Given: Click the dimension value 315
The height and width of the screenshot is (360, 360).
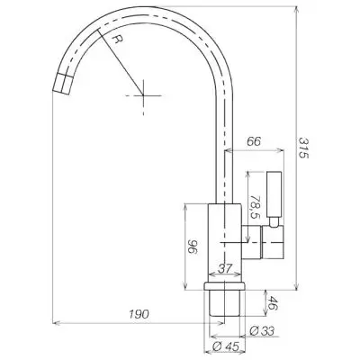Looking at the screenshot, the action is pos(303,148).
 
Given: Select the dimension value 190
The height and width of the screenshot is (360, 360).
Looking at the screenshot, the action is pos(139,314).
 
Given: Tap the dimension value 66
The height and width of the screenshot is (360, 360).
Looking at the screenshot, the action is pos(254,141).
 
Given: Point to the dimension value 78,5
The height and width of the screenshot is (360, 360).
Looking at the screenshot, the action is pos(255,207).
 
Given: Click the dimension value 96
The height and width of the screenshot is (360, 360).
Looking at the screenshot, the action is pos(193,247).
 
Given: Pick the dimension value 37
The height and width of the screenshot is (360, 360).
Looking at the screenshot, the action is pos(225,268).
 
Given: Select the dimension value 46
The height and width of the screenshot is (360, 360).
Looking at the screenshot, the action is pos(273,303).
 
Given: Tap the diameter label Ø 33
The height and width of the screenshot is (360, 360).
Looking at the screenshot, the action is pos(262,331).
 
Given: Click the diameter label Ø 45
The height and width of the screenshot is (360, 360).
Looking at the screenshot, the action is pos(226,346).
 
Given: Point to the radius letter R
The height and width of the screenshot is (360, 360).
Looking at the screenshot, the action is pos(119,39).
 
